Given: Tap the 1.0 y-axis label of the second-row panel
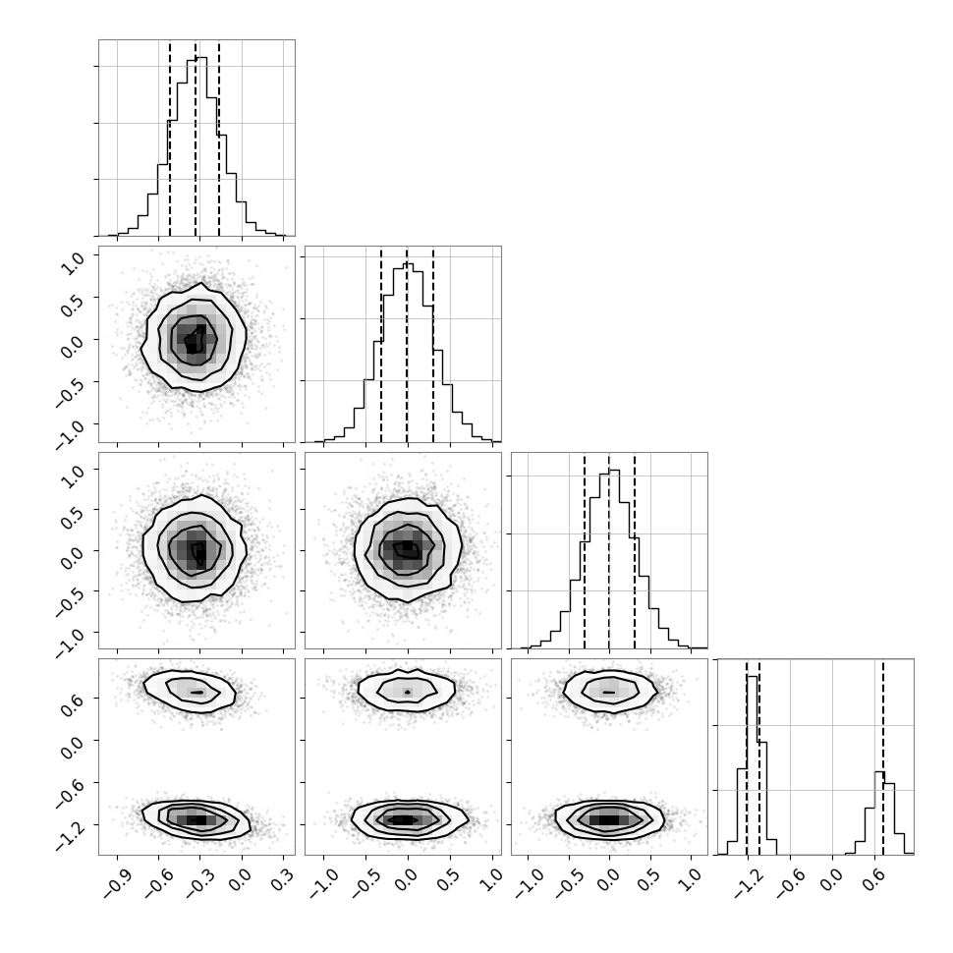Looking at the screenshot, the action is point(73,263).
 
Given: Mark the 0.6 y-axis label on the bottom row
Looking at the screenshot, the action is point(73,698).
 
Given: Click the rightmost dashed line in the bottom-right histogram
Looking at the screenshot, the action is point(883,757).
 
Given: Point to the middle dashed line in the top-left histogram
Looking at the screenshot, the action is point(196,139).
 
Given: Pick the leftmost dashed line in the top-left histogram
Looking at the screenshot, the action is point(170,139).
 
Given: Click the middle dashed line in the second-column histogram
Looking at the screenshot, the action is point(407,345).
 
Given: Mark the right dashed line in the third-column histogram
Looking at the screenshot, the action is point(635,551).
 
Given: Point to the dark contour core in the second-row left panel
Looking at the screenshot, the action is point(196,339).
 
